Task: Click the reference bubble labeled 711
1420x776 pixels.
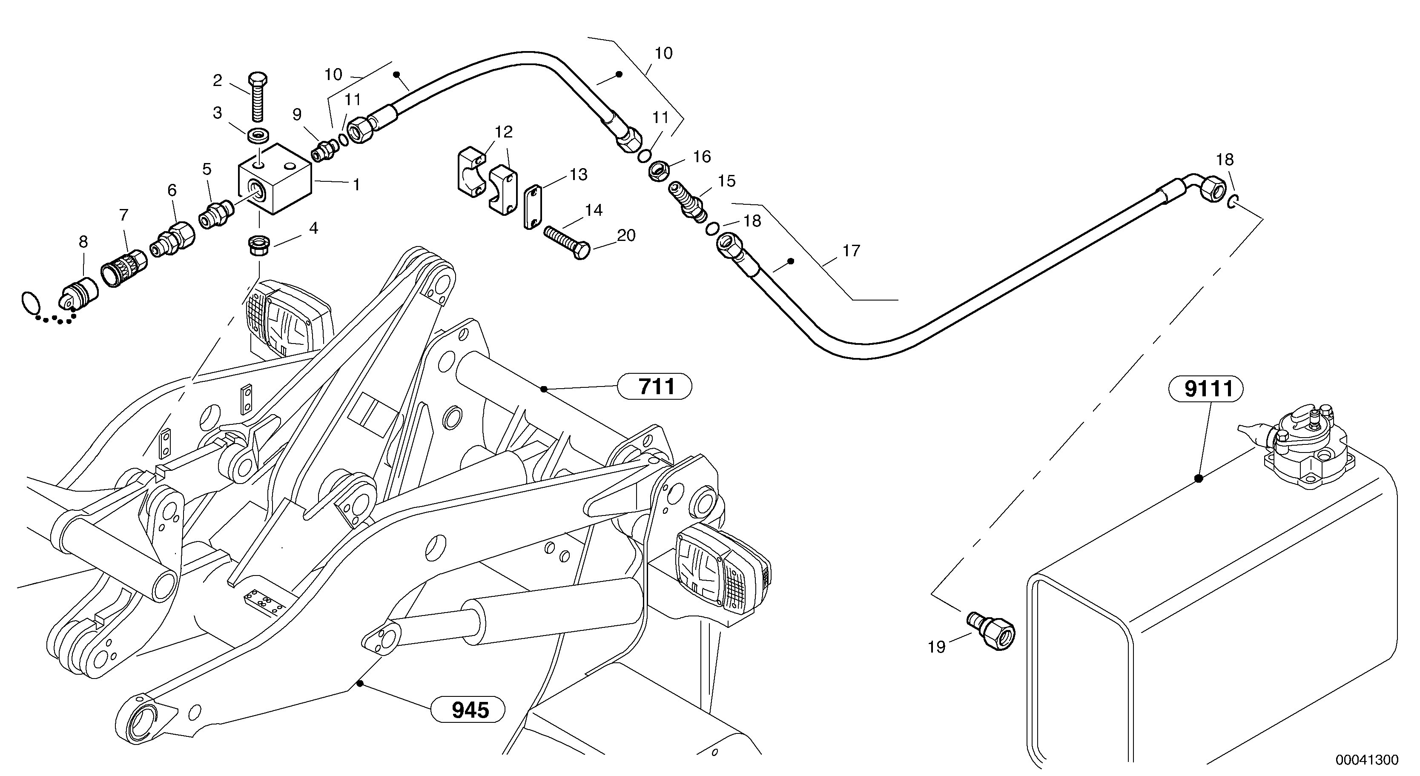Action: tap(654, 387)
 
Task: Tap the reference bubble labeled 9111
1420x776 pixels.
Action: tap(1205, 389)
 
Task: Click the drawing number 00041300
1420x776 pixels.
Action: tap(1366, 760)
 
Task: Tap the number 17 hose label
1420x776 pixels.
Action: tap(851, 251)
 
